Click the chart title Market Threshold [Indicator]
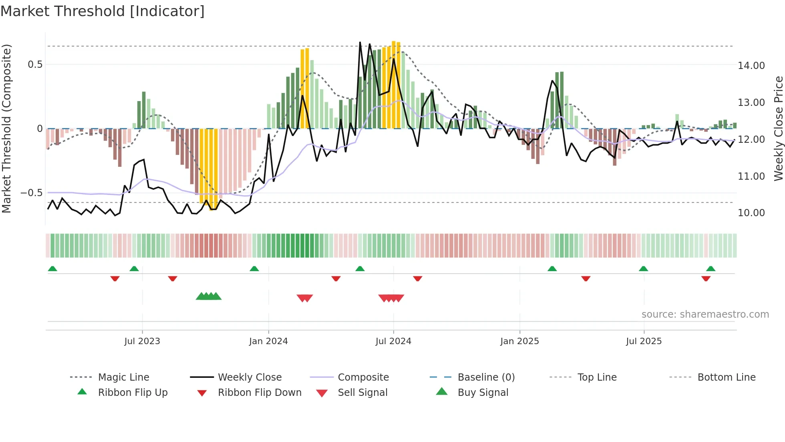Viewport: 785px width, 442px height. pos(103,11)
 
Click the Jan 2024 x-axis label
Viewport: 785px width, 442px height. pos(268,341)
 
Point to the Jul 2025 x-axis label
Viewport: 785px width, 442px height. pos(644,341)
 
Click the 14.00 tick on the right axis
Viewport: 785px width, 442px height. pos(751,66)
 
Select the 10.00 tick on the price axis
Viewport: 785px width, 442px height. pos(751,213)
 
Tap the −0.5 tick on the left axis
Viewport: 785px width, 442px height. pos(32,193)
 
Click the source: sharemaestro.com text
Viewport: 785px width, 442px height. pos(705,314)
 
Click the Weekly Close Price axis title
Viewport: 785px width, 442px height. pos(778,128)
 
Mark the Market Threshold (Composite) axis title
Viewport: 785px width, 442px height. pos(6,128)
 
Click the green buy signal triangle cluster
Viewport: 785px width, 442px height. pos(209,297)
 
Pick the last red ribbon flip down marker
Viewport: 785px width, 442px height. pos(706,279)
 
